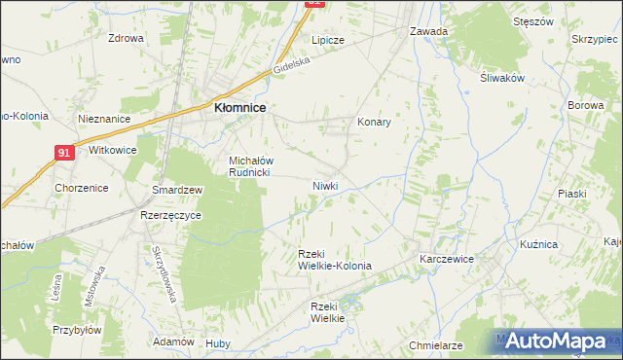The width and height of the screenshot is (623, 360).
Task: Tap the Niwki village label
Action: pyautogui.click(x=325, y=185)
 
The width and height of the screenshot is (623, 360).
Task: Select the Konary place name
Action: pyautogui.click(x=374, y=122)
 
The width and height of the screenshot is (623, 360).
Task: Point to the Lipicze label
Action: pyautogui.click(x=328, y=41)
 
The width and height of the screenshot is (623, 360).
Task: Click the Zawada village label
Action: pyautogui.click(x=428, y=31)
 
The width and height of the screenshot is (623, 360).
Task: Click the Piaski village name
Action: pyautogui.click(x=572, y=194)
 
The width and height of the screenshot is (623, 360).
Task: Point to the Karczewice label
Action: pyautogui.click(x=446, y=260)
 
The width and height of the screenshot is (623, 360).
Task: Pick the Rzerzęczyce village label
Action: pyautogui.click(x=170, y=215)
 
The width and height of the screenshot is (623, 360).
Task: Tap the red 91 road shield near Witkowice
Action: pyautogui.click(x=64, y=153)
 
